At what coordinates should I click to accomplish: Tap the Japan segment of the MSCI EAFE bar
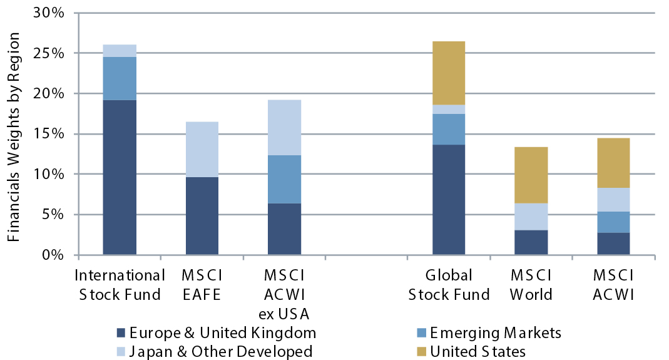(202, 149)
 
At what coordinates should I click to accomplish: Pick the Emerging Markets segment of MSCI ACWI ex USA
(284, 179)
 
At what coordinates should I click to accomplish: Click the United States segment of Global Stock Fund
(449, 73)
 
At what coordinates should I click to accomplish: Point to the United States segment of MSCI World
(531, 175)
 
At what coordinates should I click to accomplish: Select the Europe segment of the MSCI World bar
(531, 242)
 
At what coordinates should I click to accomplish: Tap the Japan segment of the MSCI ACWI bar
(613, 200)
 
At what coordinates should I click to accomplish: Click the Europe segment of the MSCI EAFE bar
(202, 216)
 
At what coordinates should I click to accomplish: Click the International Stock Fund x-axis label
(120, 285)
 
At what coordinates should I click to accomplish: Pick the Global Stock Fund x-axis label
(449, 285)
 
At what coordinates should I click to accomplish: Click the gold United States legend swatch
(417, 351)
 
